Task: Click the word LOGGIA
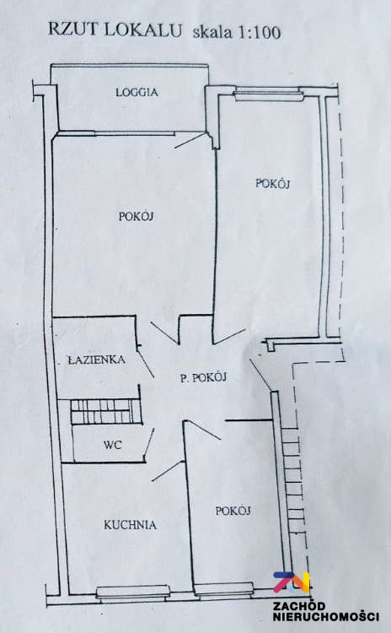click(x=137, y=93)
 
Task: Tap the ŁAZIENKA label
click(x=96, y=360)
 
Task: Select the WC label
click(x=112, y=445)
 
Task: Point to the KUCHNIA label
click(x=131, y=525)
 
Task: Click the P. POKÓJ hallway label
click(x=203, y=377)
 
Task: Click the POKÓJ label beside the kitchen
click(x=233, y=511)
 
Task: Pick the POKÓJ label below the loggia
click(x=137, y=216)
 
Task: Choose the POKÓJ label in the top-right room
click(x=273, y=183)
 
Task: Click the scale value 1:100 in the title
click(x=260, y=32)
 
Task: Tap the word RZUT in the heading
click(x=73, y=30)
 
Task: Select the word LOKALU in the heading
click(x=143, y=30)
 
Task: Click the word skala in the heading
click(x=213, y=32)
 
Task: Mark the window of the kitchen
click(x=133, y=592)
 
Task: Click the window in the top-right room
click(x=269, y=95)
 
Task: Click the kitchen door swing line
click(x=168, y=471)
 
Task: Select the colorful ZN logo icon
click(x=292, y=582)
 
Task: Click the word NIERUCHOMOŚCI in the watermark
click(x=326, y=617)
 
